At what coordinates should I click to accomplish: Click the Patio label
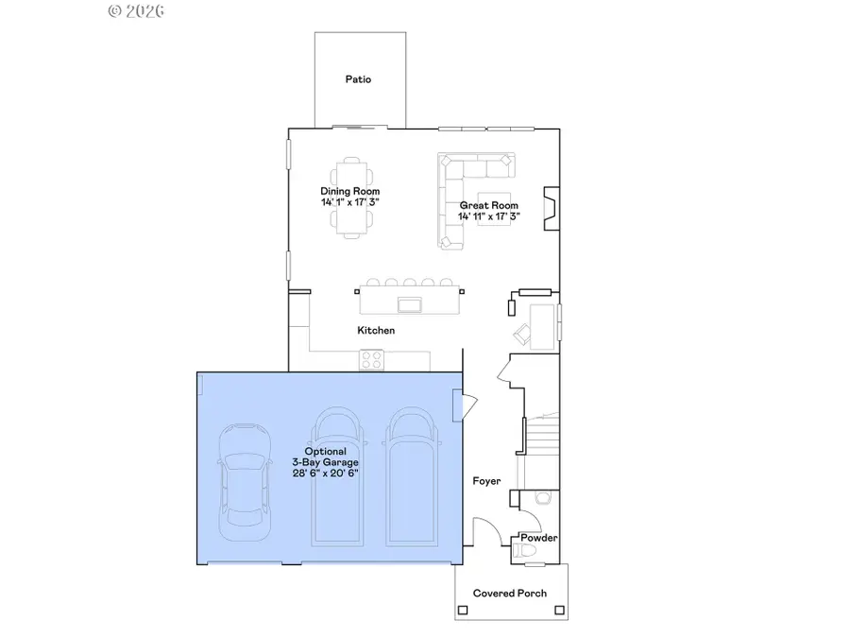tap(358, 79)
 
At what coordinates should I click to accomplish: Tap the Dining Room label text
tap(349, 191)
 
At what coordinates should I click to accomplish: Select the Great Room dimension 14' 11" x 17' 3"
tap(489, 216)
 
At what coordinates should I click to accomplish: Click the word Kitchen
tap(376, 331)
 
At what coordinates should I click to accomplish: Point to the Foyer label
tap(486, 482)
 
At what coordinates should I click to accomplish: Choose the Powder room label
tap(537, 539)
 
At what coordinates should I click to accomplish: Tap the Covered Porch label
tap(511, 594)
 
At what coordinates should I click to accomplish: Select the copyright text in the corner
tap(138, 11)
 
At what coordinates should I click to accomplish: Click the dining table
tap(350, 196)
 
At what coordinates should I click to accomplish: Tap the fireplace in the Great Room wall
tap(548, 207)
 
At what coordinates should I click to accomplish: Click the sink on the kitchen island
tap(409, 303)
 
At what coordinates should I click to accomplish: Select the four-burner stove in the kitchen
tap(370, 359)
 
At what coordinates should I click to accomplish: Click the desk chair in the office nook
tap(522, 332)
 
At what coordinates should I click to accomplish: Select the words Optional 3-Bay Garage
tap(325, 457)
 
